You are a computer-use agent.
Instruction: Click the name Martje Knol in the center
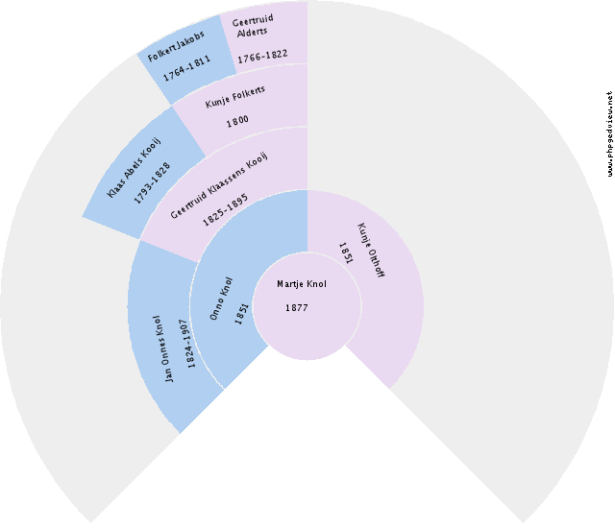301,284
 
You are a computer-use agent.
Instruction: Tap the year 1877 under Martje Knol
297,308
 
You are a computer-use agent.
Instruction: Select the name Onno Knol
221,299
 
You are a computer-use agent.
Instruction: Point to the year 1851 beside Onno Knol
241,313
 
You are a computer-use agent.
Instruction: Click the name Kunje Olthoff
370,251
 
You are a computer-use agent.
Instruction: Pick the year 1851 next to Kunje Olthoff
346,253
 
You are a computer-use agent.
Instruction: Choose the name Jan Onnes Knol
163,348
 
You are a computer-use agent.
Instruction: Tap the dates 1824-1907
187,344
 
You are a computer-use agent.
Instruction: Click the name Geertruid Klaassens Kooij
219,185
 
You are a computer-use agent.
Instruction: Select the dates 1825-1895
225,210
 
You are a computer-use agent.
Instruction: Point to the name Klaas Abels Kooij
135,168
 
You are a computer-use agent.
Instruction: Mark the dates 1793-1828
152,183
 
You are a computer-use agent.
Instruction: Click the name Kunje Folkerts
235,97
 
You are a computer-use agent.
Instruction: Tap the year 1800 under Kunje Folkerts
237,121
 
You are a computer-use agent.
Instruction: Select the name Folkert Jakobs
176,46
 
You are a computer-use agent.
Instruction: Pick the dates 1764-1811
186,68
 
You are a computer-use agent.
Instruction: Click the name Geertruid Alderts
253,26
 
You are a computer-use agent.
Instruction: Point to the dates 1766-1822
262,56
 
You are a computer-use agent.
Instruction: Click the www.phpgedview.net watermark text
609,134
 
